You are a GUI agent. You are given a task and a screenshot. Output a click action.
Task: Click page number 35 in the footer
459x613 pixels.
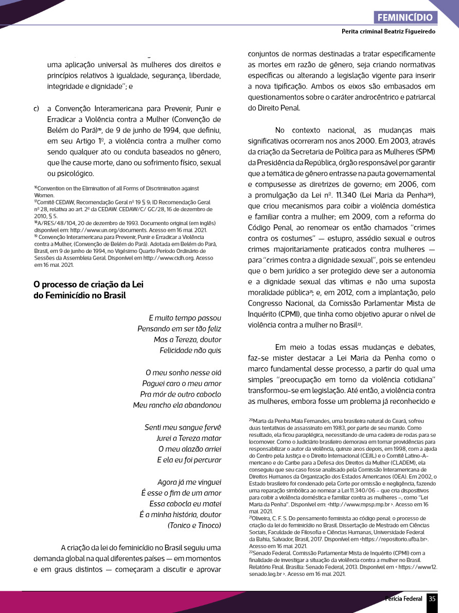point(432,599)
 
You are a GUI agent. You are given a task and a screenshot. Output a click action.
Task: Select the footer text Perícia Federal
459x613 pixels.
point(404,599)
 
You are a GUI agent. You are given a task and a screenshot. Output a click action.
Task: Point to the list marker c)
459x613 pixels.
point(37,109)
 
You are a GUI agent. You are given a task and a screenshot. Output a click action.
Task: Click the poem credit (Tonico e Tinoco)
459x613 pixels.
point(195,525)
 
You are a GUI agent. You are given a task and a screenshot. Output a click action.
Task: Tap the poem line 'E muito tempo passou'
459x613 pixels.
point(185,318)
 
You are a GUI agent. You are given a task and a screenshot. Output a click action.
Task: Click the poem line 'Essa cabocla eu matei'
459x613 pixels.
point(185,504)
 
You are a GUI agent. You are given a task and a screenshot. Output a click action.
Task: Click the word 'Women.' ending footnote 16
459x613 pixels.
point(44,196)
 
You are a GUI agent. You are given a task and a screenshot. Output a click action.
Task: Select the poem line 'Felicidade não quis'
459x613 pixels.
point(190,350)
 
